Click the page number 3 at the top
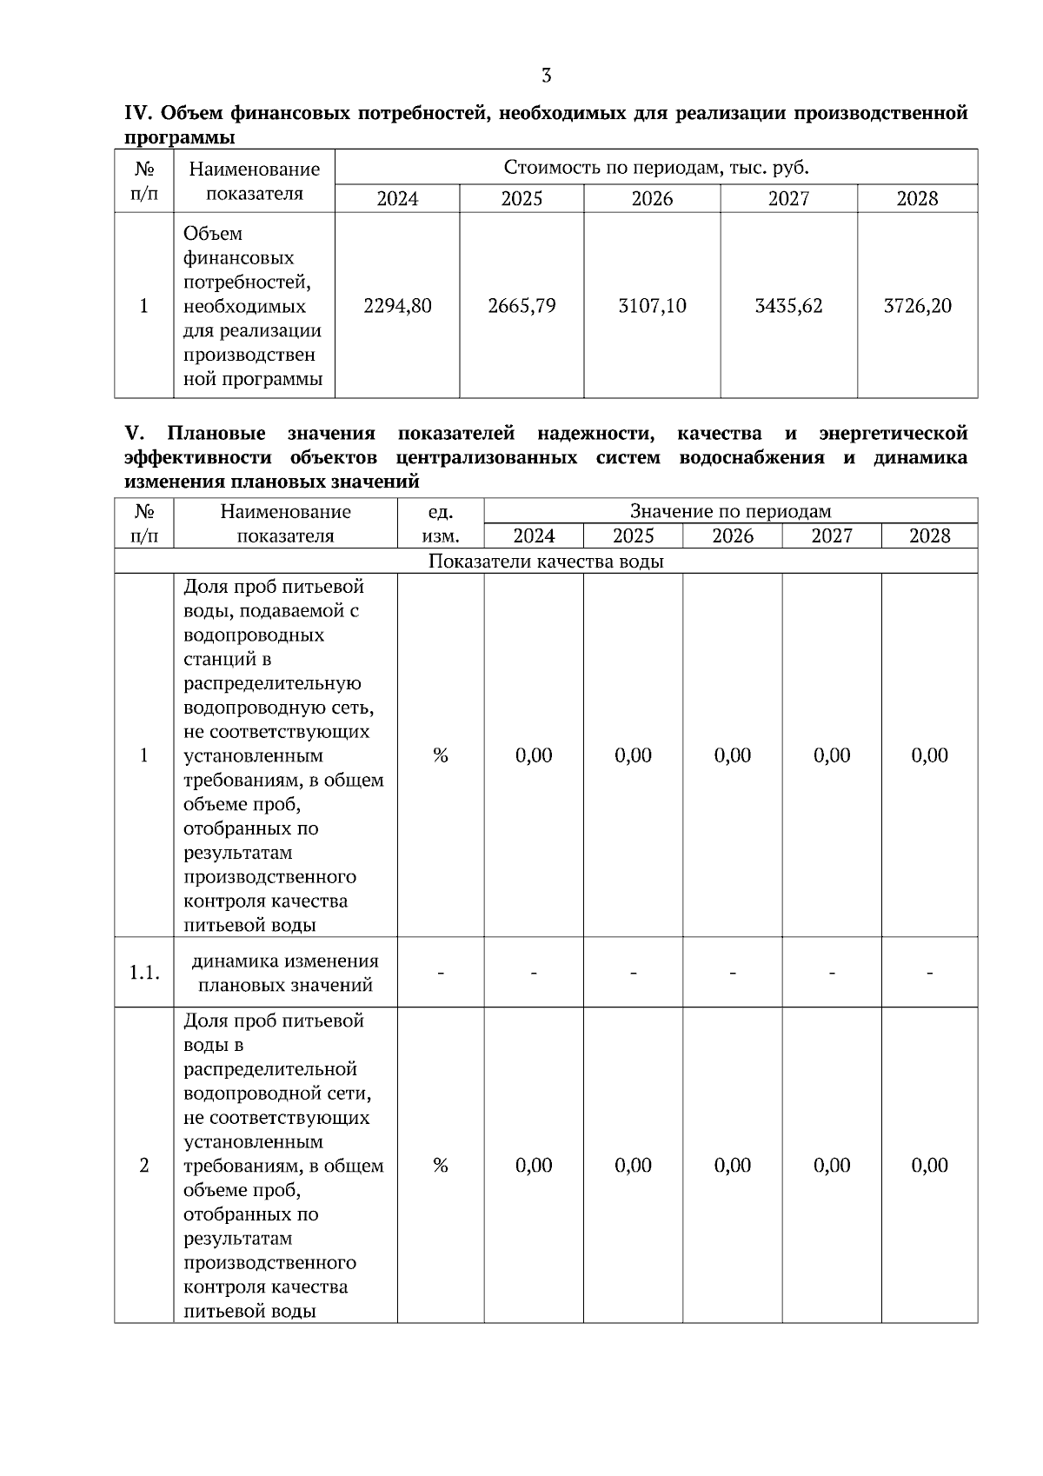pos(546,76)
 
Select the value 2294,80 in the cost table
pos(397,306)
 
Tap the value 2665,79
pos(521,306)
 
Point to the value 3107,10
pos(652,306)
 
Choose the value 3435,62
pos(788,306)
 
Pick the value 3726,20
pos(917,306)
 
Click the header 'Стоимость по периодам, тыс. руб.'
pos(656,167)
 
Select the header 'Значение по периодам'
pos(730,511)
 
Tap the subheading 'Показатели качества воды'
pos(546,562)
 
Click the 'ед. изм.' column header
pos(441,523)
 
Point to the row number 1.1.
pos(144,973)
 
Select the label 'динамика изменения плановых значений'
pos(285,973)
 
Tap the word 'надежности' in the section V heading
pos(596,434)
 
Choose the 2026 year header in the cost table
pos(652,199)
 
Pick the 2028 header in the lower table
pos(929,536)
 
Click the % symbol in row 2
pos(441,1166)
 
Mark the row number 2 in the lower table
pos(144,1166)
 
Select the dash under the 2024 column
pos(534,973)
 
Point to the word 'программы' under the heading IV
pos(179,137)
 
